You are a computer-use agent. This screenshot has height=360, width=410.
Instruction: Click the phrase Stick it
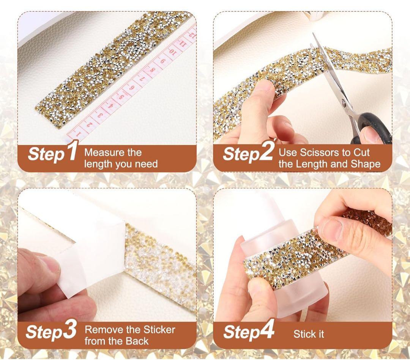(309, 334)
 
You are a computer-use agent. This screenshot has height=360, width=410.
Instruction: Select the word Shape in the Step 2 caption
(366, 164)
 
